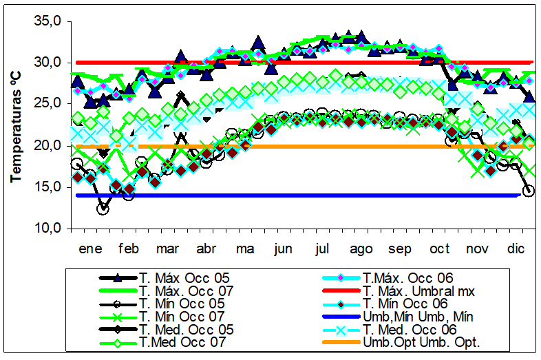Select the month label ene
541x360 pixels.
[x=90, y=248]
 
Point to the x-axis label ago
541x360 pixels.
[x=362, y=248]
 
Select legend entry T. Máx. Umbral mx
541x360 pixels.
[x=418, y=290]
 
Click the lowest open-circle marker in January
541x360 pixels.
[x=103, y=209]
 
